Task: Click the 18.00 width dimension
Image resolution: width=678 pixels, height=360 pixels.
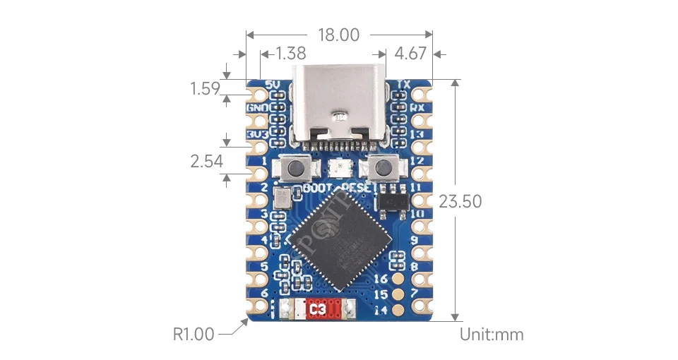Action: [x=339, y=35]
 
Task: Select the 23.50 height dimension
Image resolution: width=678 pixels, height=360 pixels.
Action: [x=460, y=201]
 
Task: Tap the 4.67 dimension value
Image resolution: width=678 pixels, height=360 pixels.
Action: [x=410, y=53]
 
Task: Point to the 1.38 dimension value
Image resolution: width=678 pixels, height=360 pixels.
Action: [x=291, y=53]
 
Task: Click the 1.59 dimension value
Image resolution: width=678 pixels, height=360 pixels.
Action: [x=205, y=89]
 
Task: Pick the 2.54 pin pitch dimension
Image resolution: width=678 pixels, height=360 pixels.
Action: [x=206, y=162]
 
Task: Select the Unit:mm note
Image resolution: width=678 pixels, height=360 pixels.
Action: [x=492, y=334]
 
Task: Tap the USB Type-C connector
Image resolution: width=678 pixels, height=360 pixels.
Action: [x=339, y=106]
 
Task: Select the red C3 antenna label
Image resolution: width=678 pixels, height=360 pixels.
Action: [x=318, y=309]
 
